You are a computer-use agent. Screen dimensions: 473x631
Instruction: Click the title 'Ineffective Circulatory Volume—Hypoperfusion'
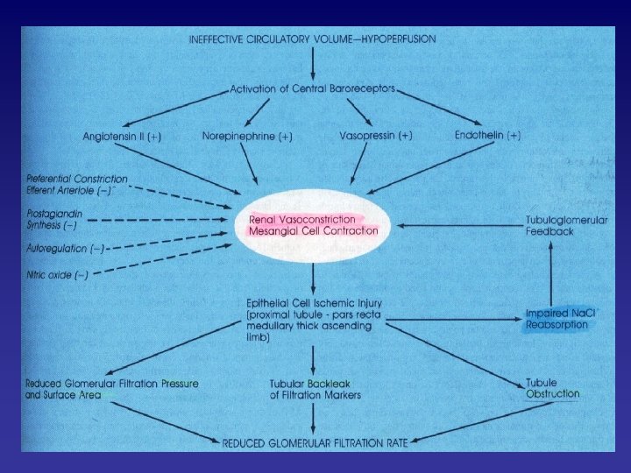[x=312, y=39]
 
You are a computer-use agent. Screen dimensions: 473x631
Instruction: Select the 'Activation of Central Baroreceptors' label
[x=314, y=88]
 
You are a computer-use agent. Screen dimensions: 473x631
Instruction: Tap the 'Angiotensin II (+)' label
[x=123, y=138]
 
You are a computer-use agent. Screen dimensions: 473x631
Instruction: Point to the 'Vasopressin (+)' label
[x=376, y=137]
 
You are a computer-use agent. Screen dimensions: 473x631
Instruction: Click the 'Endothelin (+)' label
[x=488, y=136]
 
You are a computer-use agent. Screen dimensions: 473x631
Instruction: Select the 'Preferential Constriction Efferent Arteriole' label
[x=76, y=185]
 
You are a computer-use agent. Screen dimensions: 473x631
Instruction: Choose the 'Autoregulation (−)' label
[x=67, y=250]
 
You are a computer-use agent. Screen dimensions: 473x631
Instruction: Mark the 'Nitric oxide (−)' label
[x=58, y=275]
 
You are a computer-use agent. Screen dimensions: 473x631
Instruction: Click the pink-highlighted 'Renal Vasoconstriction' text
[x=302, y=219]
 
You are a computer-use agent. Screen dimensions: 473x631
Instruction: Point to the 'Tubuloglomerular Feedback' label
[x=565, y=225]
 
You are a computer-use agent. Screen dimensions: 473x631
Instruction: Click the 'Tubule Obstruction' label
[x=552, y=388]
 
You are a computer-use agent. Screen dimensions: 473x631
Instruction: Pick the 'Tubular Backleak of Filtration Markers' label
[x=315, y=389]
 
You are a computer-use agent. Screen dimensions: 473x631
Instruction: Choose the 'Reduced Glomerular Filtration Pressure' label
[x=111, y=384]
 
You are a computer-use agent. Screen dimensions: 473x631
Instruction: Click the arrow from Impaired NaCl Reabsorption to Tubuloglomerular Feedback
[x=550, y=272]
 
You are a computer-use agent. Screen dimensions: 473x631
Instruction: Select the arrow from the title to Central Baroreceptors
[x=314, y=63]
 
